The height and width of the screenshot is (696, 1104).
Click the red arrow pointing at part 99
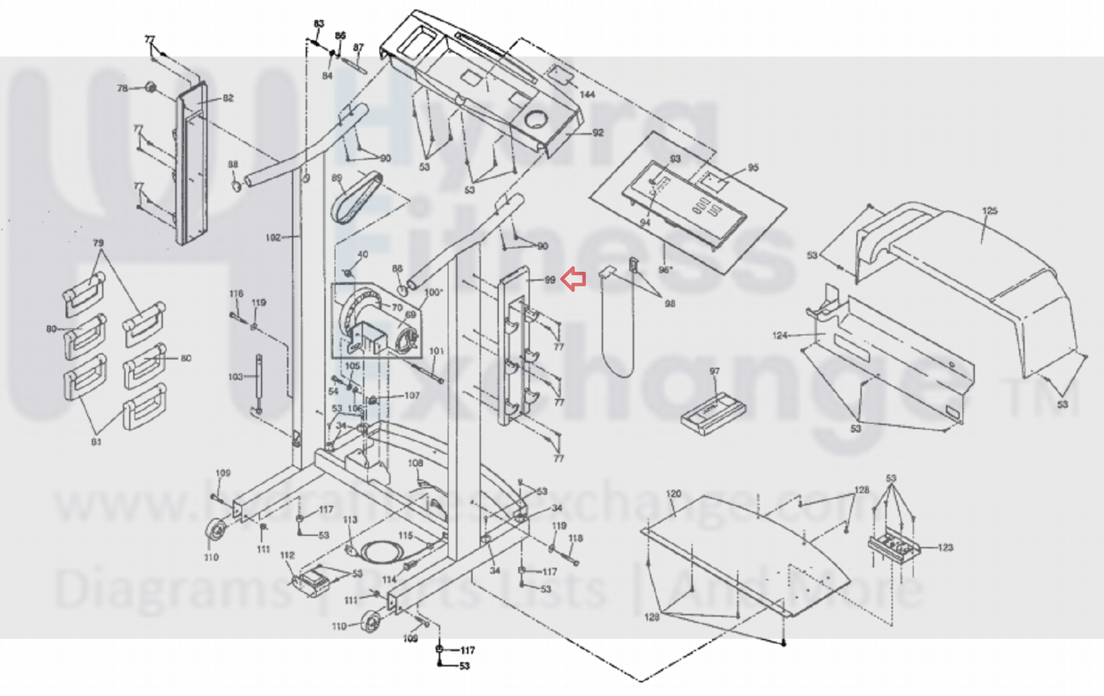click(574, 279)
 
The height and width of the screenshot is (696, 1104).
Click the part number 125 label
click(989, 211)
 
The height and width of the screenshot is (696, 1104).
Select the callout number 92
click(597, 133)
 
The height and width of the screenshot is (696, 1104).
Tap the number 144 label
click(587, 94)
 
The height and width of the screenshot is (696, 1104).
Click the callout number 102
click(273, 238)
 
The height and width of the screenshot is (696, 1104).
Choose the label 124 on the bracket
click(779, 336)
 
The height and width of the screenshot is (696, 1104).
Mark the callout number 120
click(673, 494)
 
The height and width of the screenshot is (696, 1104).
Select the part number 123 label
click(945, 548)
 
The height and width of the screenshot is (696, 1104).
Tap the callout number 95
click(753, 167)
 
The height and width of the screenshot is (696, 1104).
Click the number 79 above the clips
click(98, 243)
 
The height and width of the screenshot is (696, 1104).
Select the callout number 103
click(235, 377)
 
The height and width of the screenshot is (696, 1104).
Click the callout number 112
click(287, 555)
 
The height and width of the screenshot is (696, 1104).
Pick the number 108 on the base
click(415, 463)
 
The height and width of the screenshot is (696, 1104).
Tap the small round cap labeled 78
click(149, 88)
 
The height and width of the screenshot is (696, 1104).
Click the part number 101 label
click(436, 351)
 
